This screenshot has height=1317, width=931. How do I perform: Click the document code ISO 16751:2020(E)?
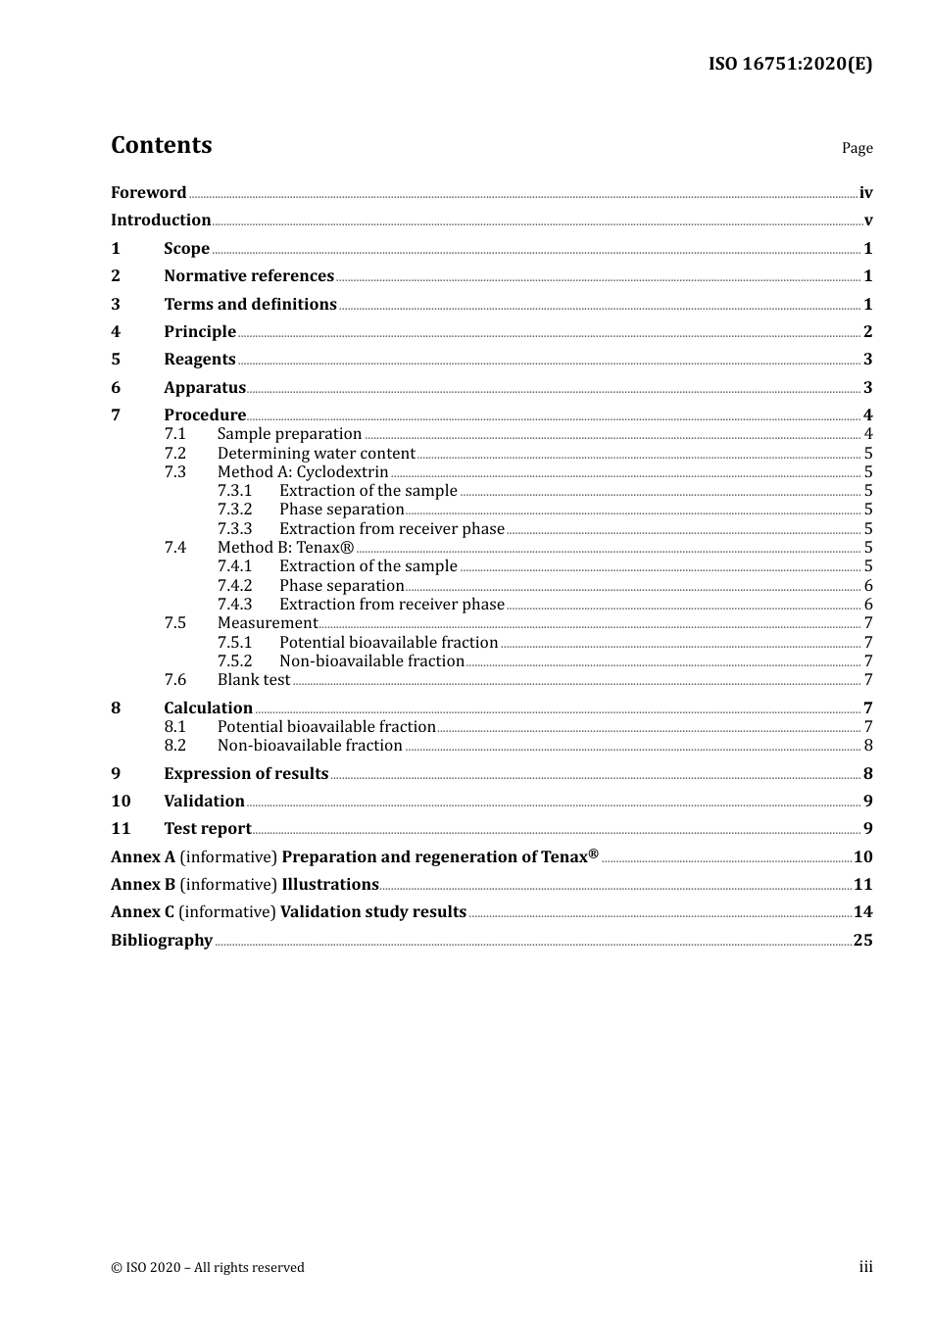click(x=790, y=64)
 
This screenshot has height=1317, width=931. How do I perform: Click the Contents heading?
click(x=162, y=145)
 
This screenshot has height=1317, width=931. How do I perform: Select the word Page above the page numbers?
click(x=857, y=148)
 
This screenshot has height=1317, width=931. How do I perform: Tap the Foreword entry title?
click(x=148, y=192)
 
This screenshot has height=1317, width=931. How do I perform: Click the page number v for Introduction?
click(x=868, y=220)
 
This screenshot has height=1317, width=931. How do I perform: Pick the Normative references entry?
click(x=249, y=276)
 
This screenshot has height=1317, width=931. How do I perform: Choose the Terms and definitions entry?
click(x=250, y=304)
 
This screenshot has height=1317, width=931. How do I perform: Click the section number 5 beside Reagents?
click(x=116, y=360)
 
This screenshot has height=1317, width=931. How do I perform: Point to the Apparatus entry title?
click(x=205, y=388)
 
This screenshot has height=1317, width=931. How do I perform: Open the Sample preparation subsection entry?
click(x=289, y=434)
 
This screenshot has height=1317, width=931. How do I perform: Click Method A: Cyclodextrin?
click(x=303, y=472)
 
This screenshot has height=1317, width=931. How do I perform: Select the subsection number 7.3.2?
click(x=235, y=510)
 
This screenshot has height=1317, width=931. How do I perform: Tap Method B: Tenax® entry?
click(x=285, y=548)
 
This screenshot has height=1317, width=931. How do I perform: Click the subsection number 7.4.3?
click(x=235, y=605)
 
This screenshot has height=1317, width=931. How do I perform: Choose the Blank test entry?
click(x=254, y=680)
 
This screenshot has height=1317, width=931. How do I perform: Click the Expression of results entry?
click(x=246, y=774)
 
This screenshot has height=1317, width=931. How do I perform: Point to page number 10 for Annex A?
click(x=862, y=857)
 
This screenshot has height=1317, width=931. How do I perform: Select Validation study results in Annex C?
click(x=373, y=912)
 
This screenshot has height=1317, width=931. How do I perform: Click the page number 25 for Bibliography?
click(x=862, y=941)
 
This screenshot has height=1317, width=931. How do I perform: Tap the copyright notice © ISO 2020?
click(x=208, y=1268)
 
